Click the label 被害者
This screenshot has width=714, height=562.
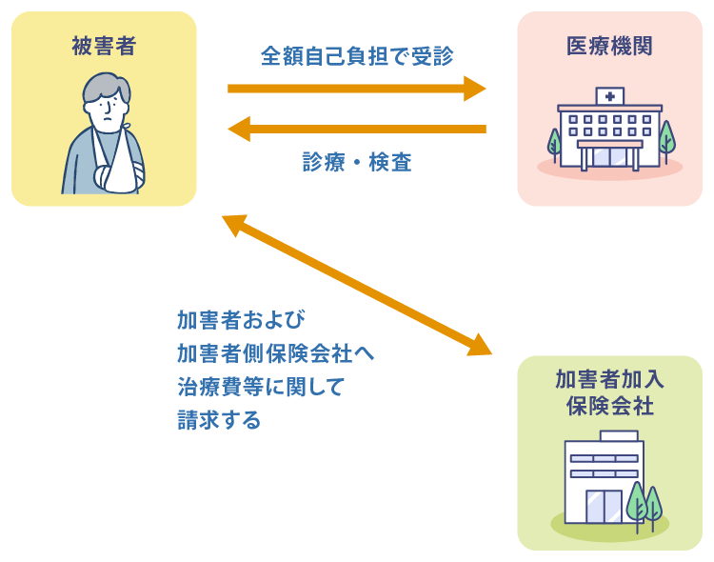(x=104, y=45)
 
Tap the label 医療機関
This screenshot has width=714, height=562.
(x=609, y=45)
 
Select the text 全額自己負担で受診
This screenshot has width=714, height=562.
(x=357, y=56)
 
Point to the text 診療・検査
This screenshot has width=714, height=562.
(x=357, y=162)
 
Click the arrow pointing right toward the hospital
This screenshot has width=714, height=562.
(x=357, y=89)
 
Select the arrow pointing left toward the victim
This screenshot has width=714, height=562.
(x=357, y=128)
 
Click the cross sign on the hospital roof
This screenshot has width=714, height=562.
(x=609, y=96)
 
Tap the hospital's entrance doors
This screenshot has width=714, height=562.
(x=610, y=157)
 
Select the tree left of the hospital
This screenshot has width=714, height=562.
(x=554, y=143)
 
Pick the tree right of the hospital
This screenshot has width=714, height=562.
(x=666, y=138)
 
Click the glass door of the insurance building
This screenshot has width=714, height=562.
(x=603, y=506)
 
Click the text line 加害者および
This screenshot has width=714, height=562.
(x=240, y=319)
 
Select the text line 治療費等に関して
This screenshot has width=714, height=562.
(x=260, y=387)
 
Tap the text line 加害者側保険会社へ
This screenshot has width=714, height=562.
(x=275, y=353)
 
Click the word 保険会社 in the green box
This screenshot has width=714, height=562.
(x=609, y=406)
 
